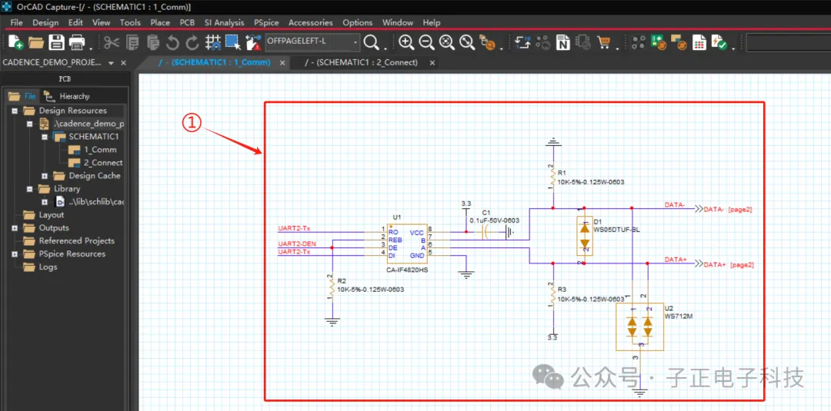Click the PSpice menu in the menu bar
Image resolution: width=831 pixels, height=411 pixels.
[266, 22]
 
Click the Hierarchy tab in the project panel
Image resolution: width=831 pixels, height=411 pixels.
[74, 96]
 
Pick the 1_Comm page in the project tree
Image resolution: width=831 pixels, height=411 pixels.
[100, 150]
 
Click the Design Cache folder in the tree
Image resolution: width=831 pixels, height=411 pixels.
[94, 176]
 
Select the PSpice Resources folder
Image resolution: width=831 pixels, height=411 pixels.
[72, 254]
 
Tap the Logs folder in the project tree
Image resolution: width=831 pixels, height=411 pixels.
[48, 267]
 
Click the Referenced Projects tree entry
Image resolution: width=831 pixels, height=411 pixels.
[76, 240]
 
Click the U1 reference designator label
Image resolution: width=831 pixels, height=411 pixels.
[397, 218]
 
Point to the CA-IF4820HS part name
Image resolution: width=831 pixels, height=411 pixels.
[407, 270]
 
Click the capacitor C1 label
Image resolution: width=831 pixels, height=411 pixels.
[486, 212]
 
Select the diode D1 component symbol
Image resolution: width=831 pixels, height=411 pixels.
[585, 235]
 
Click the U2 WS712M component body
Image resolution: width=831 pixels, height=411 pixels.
[640, 326]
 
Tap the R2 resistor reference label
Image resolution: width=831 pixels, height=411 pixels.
[342, 281]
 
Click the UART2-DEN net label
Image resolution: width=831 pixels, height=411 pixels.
[297, 244]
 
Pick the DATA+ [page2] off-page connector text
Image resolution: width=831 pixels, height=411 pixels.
[728, 264]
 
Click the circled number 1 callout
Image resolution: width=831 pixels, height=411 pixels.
[192, 122]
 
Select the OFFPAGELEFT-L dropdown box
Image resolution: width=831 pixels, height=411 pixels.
[312, 41]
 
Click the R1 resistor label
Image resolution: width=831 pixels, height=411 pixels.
[562, 174]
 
